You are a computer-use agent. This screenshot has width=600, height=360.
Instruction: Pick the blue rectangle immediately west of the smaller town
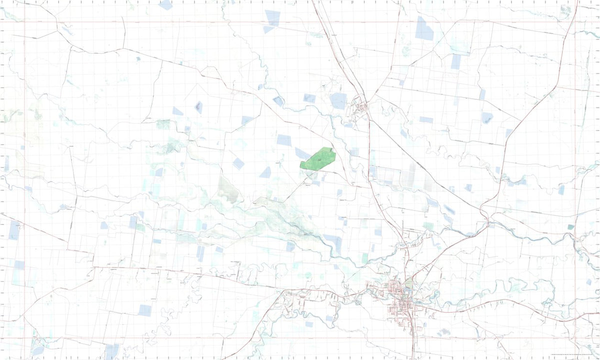pyautogui.click(x=338, y=100)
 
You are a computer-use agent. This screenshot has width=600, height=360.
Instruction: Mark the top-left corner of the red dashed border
pyautogui.click(x=24, y=22)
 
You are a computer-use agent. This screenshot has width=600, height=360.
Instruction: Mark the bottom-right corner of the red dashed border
pyautogui.click(x=575, y=338)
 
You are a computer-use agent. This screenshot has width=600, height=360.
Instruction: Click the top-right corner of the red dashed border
pyautogui.click(x=575, y=22)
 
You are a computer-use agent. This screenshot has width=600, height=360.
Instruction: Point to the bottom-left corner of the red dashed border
pyautogui.click(x=24, y=338)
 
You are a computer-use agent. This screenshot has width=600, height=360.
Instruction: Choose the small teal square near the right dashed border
pyautogui.click(x=571, y=227)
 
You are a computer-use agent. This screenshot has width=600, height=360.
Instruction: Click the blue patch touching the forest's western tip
pyautogui.click(x=302, y=153)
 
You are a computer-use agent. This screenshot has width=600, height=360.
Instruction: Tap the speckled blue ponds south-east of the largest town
pyautogui.click(x=442, y=332)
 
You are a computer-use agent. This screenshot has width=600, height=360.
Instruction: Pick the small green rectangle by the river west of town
pyautogui.click(x=365, y=258)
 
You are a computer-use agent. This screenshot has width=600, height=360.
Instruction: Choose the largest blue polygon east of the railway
pyautogui.click(x=424, y=28)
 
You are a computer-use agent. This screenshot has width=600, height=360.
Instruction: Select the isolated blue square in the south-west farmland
pyautogui.click(x=144, y=310)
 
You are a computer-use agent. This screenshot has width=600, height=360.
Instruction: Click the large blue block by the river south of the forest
pyautogui.click(x=333, y=242)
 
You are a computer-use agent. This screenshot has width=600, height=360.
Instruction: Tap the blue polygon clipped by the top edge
pyautogui.click(x=166, y=4)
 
